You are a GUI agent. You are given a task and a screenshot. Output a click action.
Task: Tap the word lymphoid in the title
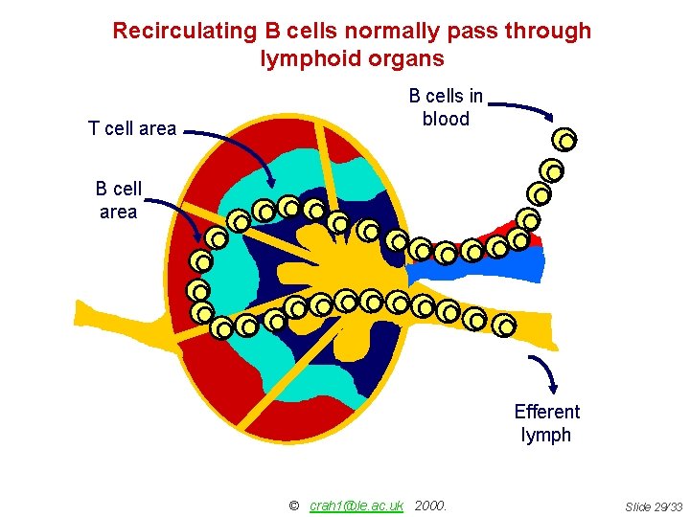click(302, 58)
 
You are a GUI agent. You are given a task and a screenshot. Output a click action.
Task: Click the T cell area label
click(132, 128)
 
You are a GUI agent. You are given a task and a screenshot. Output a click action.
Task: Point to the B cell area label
click(119, 200)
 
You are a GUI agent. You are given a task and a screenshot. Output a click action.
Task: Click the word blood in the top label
click(446, 120)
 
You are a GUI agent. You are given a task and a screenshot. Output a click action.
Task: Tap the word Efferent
click(546, 412)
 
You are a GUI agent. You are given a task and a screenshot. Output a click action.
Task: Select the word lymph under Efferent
click(546, 436)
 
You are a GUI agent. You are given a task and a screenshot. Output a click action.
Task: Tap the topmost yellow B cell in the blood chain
click(565, 141)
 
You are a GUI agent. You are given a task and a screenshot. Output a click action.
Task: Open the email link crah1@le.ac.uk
click(356, 506)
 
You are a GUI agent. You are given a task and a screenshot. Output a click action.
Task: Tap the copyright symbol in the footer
click(293, 506)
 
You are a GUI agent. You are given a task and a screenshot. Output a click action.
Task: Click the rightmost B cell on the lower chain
click(504, 326)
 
